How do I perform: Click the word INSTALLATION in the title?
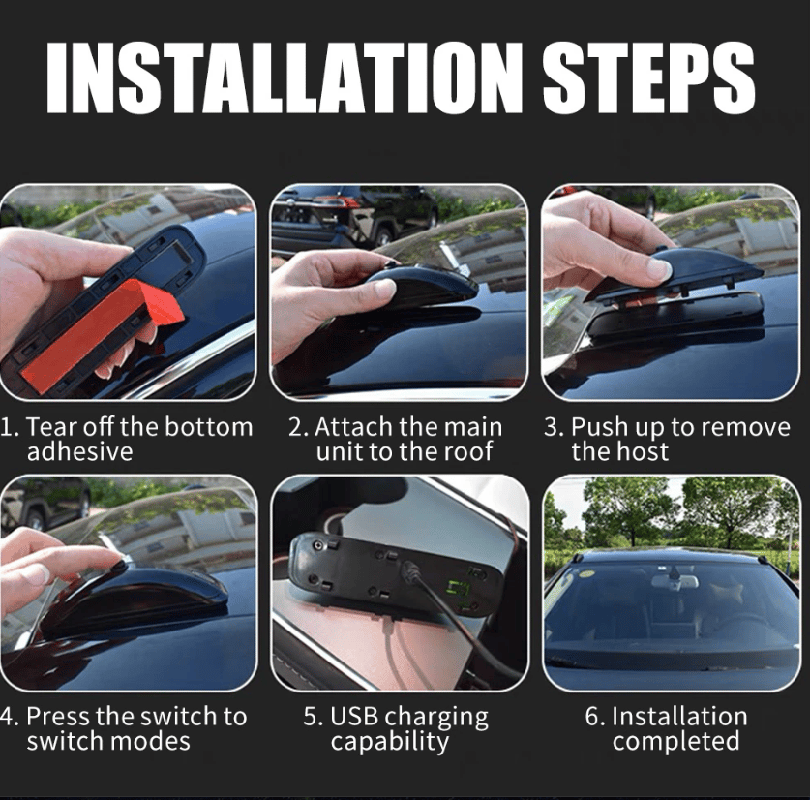(x=283, y=77)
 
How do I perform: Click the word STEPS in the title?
(x=648, y=77)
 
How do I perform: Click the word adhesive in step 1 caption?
(x=79, y=451)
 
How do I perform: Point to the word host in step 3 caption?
(x=643, y=451)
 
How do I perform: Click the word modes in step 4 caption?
(x=150, y=741)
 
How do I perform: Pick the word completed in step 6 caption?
(x=675, y=742)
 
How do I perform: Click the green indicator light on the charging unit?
(x=459, y=589)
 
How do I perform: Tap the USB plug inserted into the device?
(x=411, y=571)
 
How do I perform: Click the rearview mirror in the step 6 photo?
(x=675, y=581)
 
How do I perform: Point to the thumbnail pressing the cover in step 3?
(x=660, y=268)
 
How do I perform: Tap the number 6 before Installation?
(x=592, y=717)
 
